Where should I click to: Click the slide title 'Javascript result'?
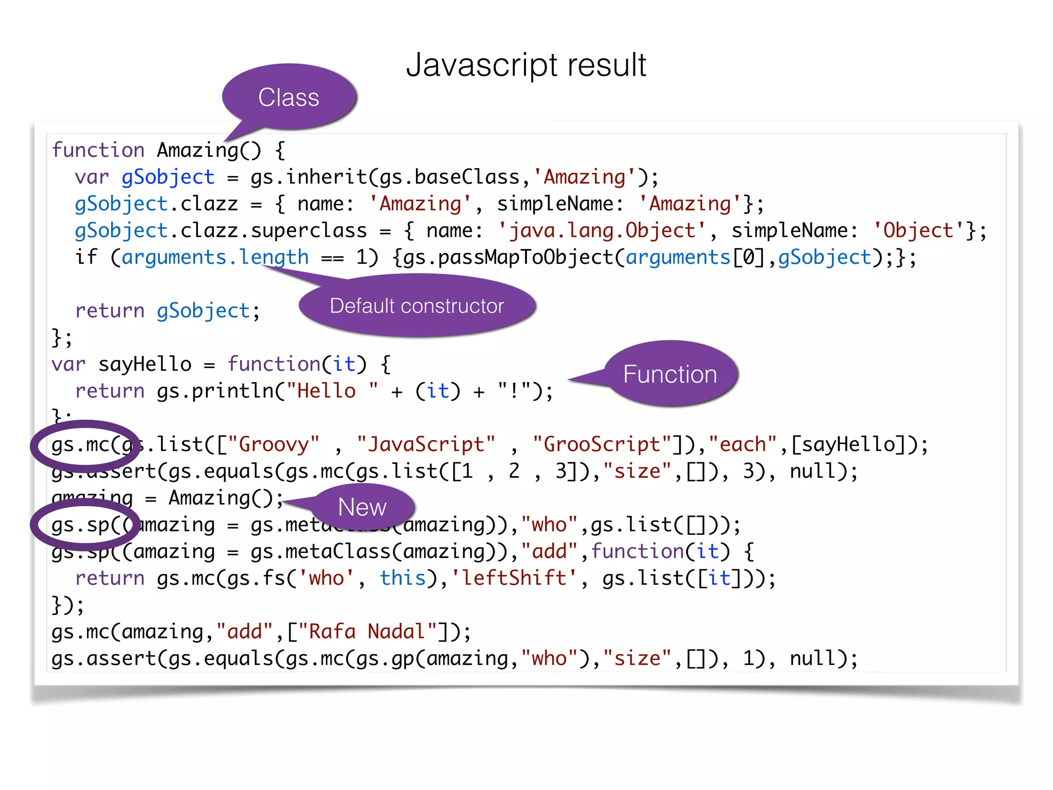pyautogui.click(x=526, y=65)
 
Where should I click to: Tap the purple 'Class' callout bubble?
pyautogui.click(x=289, y=97)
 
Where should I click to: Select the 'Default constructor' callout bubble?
pyautogui.click(x=416, y=306)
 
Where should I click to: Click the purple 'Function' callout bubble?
pyautogui.click(x=670, y=374)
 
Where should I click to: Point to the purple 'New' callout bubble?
pyautogui.click(x=362, y=507)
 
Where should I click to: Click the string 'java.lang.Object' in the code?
pyautogui.click(x=602, y=231)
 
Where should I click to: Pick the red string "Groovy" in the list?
pyautogui.click(x=273, y=444)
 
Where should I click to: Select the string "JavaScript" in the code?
pyautogui.click(x=426, y=444)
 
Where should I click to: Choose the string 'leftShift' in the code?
pyautogui.click(x=514, y=578)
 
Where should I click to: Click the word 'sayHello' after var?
pyautogui.click(x=145, y=365)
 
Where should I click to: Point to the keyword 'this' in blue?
pyautogui.click(x=403, y=578)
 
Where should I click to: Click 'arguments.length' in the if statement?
pyautogui.click(x=215, y=258)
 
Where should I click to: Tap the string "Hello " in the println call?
pyautogui.click(x=332, y=391)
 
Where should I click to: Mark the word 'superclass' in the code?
pyautogui.click(x=309, y=231)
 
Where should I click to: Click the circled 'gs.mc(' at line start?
pyautogui.click(x=85, y=445)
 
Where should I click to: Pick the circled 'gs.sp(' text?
pyautogui.click(x=85, y=525)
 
